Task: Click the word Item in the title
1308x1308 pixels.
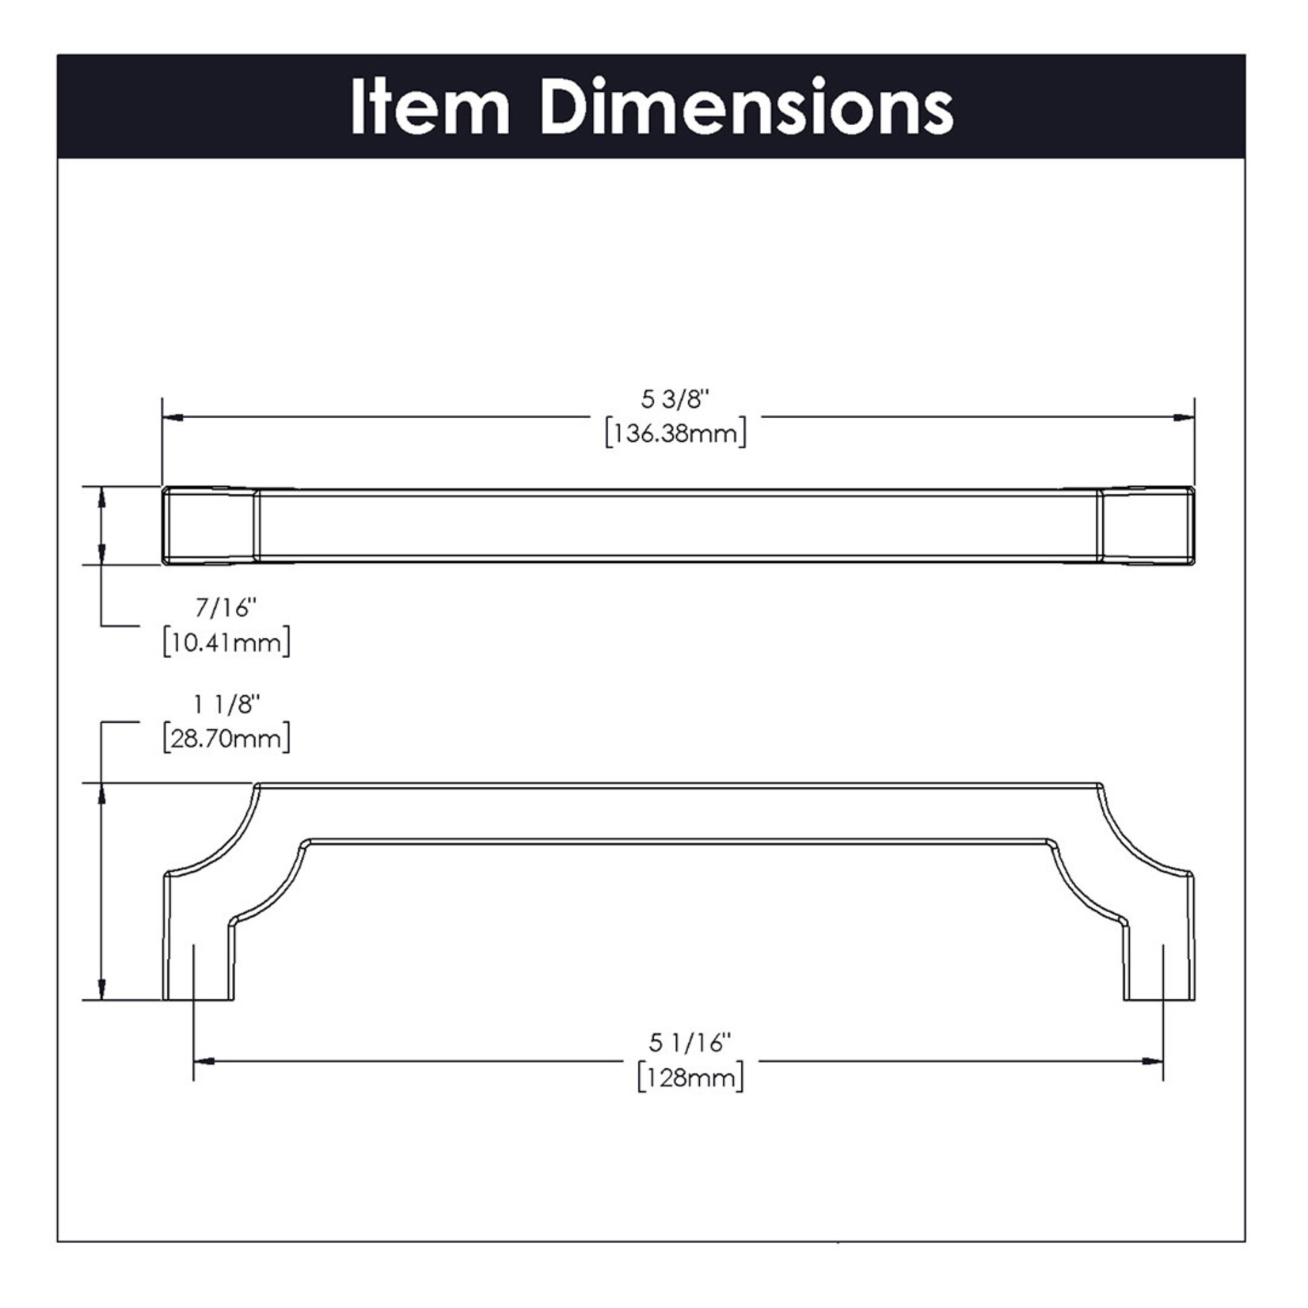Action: point(429,107)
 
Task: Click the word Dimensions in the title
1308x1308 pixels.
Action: point(748,107)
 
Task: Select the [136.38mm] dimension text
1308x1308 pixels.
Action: point(675,434)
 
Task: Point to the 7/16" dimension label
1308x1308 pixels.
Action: point(226,608)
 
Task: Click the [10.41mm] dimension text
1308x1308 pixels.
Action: point(226,642)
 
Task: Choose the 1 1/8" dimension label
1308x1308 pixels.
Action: point(227,704)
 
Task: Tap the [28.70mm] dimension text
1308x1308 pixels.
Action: point(226,739)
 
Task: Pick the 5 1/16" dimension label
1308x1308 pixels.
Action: point(690,1043)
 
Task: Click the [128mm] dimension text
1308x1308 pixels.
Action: point(690,1078)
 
